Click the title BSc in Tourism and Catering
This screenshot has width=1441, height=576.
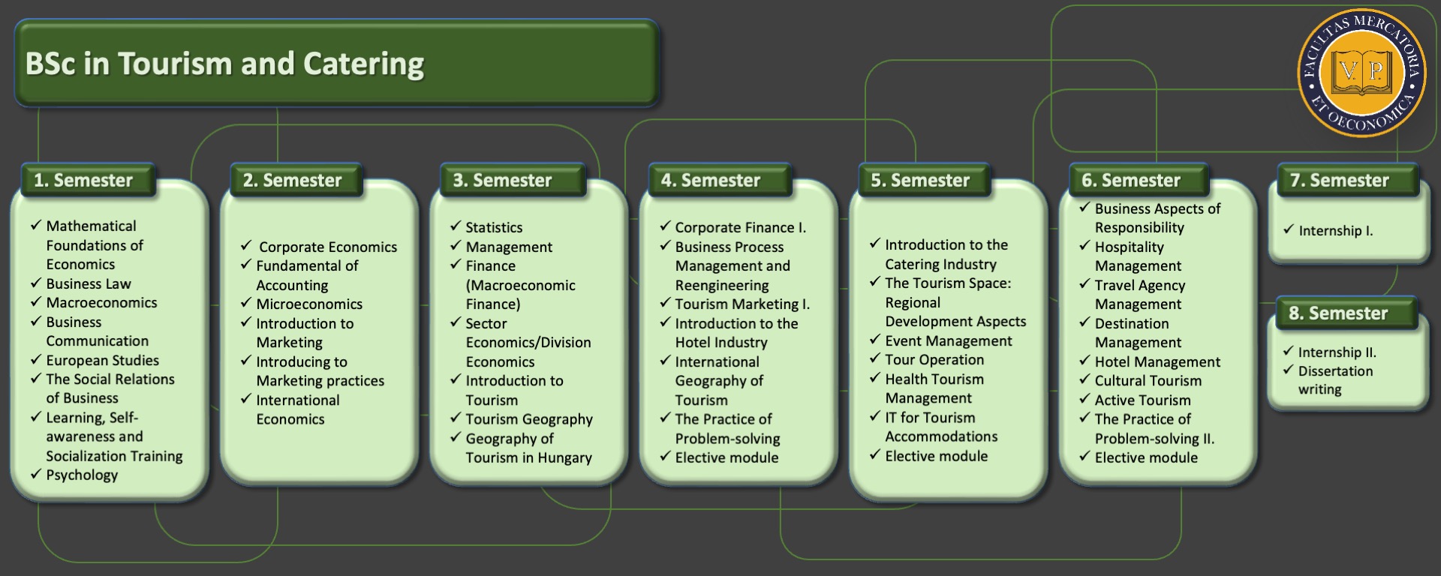(x=224, y=64)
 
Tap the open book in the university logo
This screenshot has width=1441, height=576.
(x=1361, y=73)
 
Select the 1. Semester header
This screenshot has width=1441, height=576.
(x=83, y=181)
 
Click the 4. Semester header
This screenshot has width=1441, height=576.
(x=711, y=181)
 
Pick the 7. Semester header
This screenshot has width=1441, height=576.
(x=1340, y=181)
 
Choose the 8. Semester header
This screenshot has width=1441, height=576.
(x=1338, y=313)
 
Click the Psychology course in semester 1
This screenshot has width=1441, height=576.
(x=82, y=475)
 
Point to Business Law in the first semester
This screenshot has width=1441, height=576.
(x=89, y=283)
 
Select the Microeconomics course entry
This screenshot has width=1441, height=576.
(x=309, y=304)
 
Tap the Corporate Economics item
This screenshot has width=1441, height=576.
(x=328, y=247)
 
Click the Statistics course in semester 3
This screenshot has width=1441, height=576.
(x=494, y=227)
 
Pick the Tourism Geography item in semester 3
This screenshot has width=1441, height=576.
(x=529, y=419)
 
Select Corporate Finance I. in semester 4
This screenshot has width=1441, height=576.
(x=740, y=227)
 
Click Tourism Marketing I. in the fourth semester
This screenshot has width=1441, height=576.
(x=742, y=304)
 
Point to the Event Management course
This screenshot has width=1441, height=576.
(x=948, y=340)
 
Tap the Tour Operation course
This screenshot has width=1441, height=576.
(x=934, y=360)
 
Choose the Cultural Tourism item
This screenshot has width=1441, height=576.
(x=1148, y=381)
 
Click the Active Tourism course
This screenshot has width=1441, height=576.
(x=1142, y=400)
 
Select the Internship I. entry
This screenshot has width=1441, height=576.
(x=1336, y=231)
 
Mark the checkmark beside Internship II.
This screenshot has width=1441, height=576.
(x=1288, y=351)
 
